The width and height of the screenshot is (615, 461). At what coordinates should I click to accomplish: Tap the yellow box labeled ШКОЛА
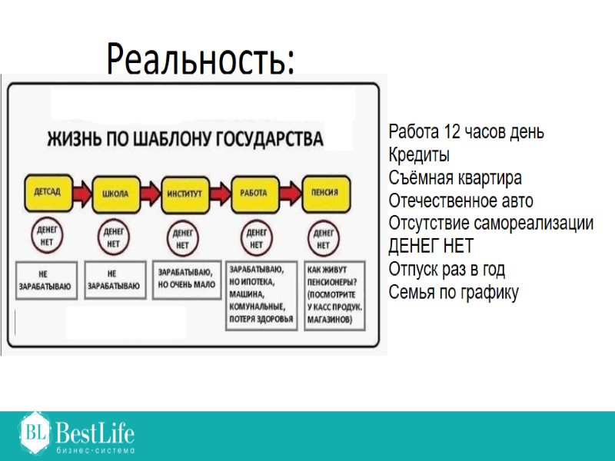point(115,192)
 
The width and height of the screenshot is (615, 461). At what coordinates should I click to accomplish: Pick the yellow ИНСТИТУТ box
point(184,193)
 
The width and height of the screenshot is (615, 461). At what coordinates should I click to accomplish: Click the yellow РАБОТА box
point(254,193)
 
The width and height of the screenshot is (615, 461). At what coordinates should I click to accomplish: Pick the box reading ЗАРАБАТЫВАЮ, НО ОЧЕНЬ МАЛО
point(187,278)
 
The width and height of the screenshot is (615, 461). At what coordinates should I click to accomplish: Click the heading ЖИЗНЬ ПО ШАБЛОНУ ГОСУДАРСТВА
point(185,140)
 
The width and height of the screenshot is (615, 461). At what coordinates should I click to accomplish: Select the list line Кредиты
point(419,155)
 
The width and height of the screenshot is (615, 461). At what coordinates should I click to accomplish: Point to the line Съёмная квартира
point(455,178)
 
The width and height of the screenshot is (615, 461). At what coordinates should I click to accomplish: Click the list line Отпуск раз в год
point(447,270)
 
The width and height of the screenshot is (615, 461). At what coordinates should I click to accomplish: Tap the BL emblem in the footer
point(35,432)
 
